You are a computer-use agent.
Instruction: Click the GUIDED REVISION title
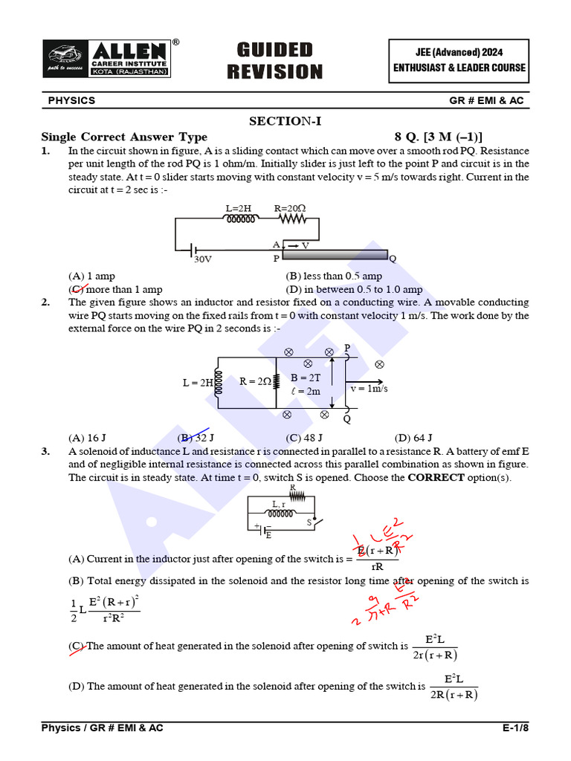click(x=274, y=61)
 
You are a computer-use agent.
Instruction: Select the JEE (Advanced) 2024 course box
click(x=459, y=60)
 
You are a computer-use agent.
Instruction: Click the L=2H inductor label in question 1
click(x=238, y=208)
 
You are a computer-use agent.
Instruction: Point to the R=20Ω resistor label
click(x=291, y=208)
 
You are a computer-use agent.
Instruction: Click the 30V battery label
click(x=203, y=260)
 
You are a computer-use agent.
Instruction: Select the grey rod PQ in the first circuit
click(x=335, y=255)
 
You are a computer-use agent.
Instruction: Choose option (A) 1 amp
click(x=91, y=276)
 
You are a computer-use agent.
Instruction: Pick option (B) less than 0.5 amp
click(x=334, y=276)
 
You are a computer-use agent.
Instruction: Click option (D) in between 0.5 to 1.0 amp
click(x=354, y=290)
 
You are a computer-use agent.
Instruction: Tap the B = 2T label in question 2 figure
click(x=306, y=378)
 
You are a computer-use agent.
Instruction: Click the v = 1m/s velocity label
click(x=370, y=389)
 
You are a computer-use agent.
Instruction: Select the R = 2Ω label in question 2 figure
click(x=255, y=382)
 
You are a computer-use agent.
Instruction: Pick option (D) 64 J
click(x=413, y=438)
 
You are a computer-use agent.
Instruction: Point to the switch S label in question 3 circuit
click(x=309, y=522)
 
